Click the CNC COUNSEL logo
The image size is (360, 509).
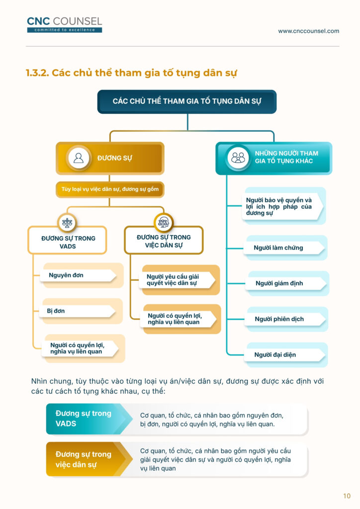pyautogui.click(x=64, y=25)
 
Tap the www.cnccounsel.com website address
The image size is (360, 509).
pyautogui.click(x=308, y=31)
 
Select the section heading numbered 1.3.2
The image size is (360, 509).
pyautogui.click(x=131, y=73)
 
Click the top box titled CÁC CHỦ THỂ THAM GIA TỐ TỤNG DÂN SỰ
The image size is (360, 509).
pyautogui.click(x=187, y=101)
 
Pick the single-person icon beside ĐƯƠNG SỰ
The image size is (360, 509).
pyautogui.click(x=79, y=158)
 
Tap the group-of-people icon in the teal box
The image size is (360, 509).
pyautogui.click(x=238, y=158)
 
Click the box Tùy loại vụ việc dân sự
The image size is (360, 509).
pyautogui.click(x=110, y=189)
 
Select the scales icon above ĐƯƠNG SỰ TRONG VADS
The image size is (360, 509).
pyautogui.click(x=67, y=222)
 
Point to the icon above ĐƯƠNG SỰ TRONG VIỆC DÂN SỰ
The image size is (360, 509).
pyautogui.click(x=163, y=222)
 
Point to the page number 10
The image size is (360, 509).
pyautogui.click(x=347, y=496)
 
